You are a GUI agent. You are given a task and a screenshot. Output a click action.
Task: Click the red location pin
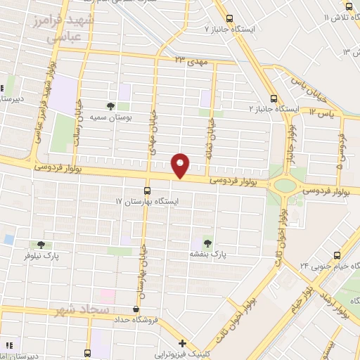click(x=181, y=165)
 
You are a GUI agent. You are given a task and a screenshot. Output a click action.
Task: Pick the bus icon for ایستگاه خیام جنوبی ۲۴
click(x=337, y=255)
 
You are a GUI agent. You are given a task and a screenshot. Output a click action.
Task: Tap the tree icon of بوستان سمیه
click(x=110, y=106)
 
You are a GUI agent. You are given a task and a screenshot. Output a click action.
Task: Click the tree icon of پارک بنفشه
click(x=206, y=241)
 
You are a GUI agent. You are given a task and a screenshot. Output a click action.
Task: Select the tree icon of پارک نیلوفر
click(x=41, y=245)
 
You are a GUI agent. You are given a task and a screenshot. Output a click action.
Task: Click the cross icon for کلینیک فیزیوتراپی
click(x=182, y=344)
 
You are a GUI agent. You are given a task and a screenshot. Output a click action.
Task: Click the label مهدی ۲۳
click(x=189, y=61)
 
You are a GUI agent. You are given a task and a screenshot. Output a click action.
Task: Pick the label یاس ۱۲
click(x=320, y=112)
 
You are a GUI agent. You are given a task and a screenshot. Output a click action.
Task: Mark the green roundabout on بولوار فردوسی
click(x=285, y=186)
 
